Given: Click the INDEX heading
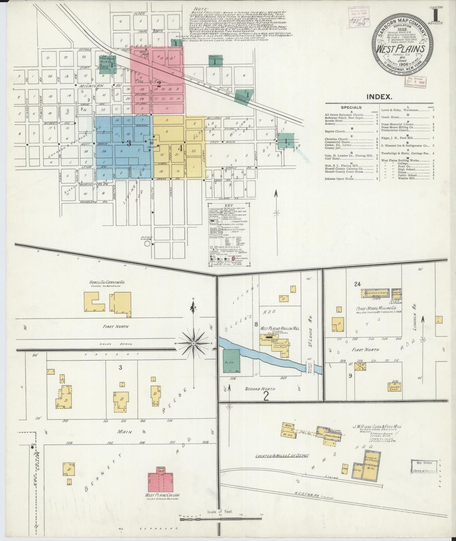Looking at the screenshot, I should pyautogui.click(x=379, y=97).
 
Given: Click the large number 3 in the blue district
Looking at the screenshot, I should pyautogui.click(x=129, y=143).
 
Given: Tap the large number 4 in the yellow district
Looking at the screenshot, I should pyautogui.click(x=180, y=147).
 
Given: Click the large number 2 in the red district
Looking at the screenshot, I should pyautogui.click(x=159, y=84).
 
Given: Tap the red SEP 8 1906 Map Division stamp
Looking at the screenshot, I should pyautogui.click(x=416, y=81).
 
